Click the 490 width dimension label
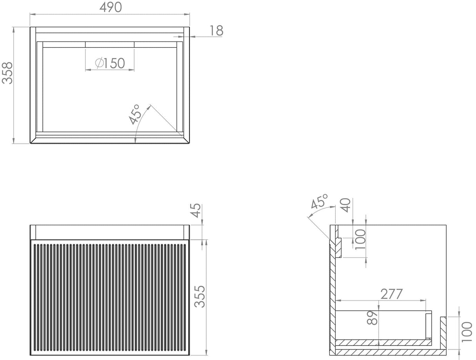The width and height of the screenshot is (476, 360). point(110,7)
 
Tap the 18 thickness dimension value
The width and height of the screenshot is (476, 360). point(216,31)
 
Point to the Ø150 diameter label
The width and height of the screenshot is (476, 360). point(110,63)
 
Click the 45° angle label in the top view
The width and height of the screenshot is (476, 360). point(135,114)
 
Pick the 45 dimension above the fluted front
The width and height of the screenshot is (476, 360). point(196,210)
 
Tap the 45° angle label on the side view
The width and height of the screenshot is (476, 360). point(319,202)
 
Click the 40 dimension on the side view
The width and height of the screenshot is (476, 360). point(345,205)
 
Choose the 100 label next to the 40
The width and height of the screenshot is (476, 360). point(360,239)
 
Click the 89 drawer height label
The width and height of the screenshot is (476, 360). point(373,318)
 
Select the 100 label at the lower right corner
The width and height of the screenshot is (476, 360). point(467,332)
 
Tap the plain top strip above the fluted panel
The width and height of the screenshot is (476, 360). point(109,232)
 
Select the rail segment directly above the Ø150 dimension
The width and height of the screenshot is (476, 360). point(110,44)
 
